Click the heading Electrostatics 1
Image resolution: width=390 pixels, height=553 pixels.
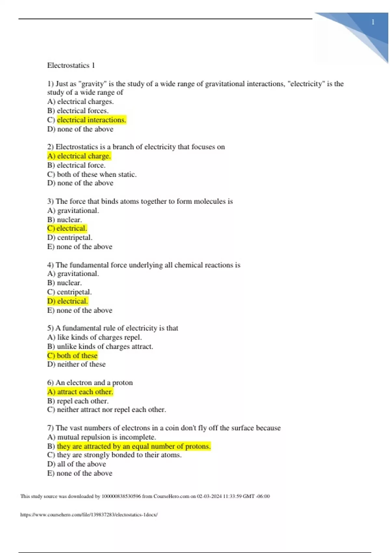pyautogui.click(x=71, y=65)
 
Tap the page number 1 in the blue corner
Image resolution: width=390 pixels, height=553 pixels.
pyautogui.click(x=373, y=22)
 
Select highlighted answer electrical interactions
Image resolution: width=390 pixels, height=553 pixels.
pyautogui.click(x=91, y=120)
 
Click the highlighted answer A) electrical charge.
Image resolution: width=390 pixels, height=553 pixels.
pyautogui.click(x=79, y=156)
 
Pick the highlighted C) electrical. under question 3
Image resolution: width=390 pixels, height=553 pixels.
pyautogui.click(x=67, y=228)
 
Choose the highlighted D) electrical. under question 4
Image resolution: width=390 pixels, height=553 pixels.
pyautogui.click(x=68, y=301)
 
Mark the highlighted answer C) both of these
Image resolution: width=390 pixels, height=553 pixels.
pyautogui.click(x=72, y=356)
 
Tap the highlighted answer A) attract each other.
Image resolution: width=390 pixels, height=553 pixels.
pyautogui.click(x=80, y=392)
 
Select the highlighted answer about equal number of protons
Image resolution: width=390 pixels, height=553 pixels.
pyautogui.click(x=134, y=446)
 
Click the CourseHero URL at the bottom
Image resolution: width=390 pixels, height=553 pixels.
pyautogui.click(x=89, y=515)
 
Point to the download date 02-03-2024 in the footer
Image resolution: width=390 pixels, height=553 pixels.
pyautogui.click(x=209, y=496)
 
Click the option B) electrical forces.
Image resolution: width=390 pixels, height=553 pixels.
pyautogui.click(x=78, y=111)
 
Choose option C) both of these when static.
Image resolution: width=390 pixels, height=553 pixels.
pyautogui.click(x=92, y=174)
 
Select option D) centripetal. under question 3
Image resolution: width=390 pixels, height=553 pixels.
pyautogui.click(x=70, y=237)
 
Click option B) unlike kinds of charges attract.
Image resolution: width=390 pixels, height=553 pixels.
pyautogui.click(x=100, y=346)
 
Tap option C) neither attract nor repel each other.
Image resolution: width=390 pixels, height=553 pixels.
pyautogui.click(x=106, y=410)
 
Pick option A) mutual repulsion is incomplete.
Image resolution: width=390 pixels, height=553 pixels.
pyautogui.click(x=101, y=437)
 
